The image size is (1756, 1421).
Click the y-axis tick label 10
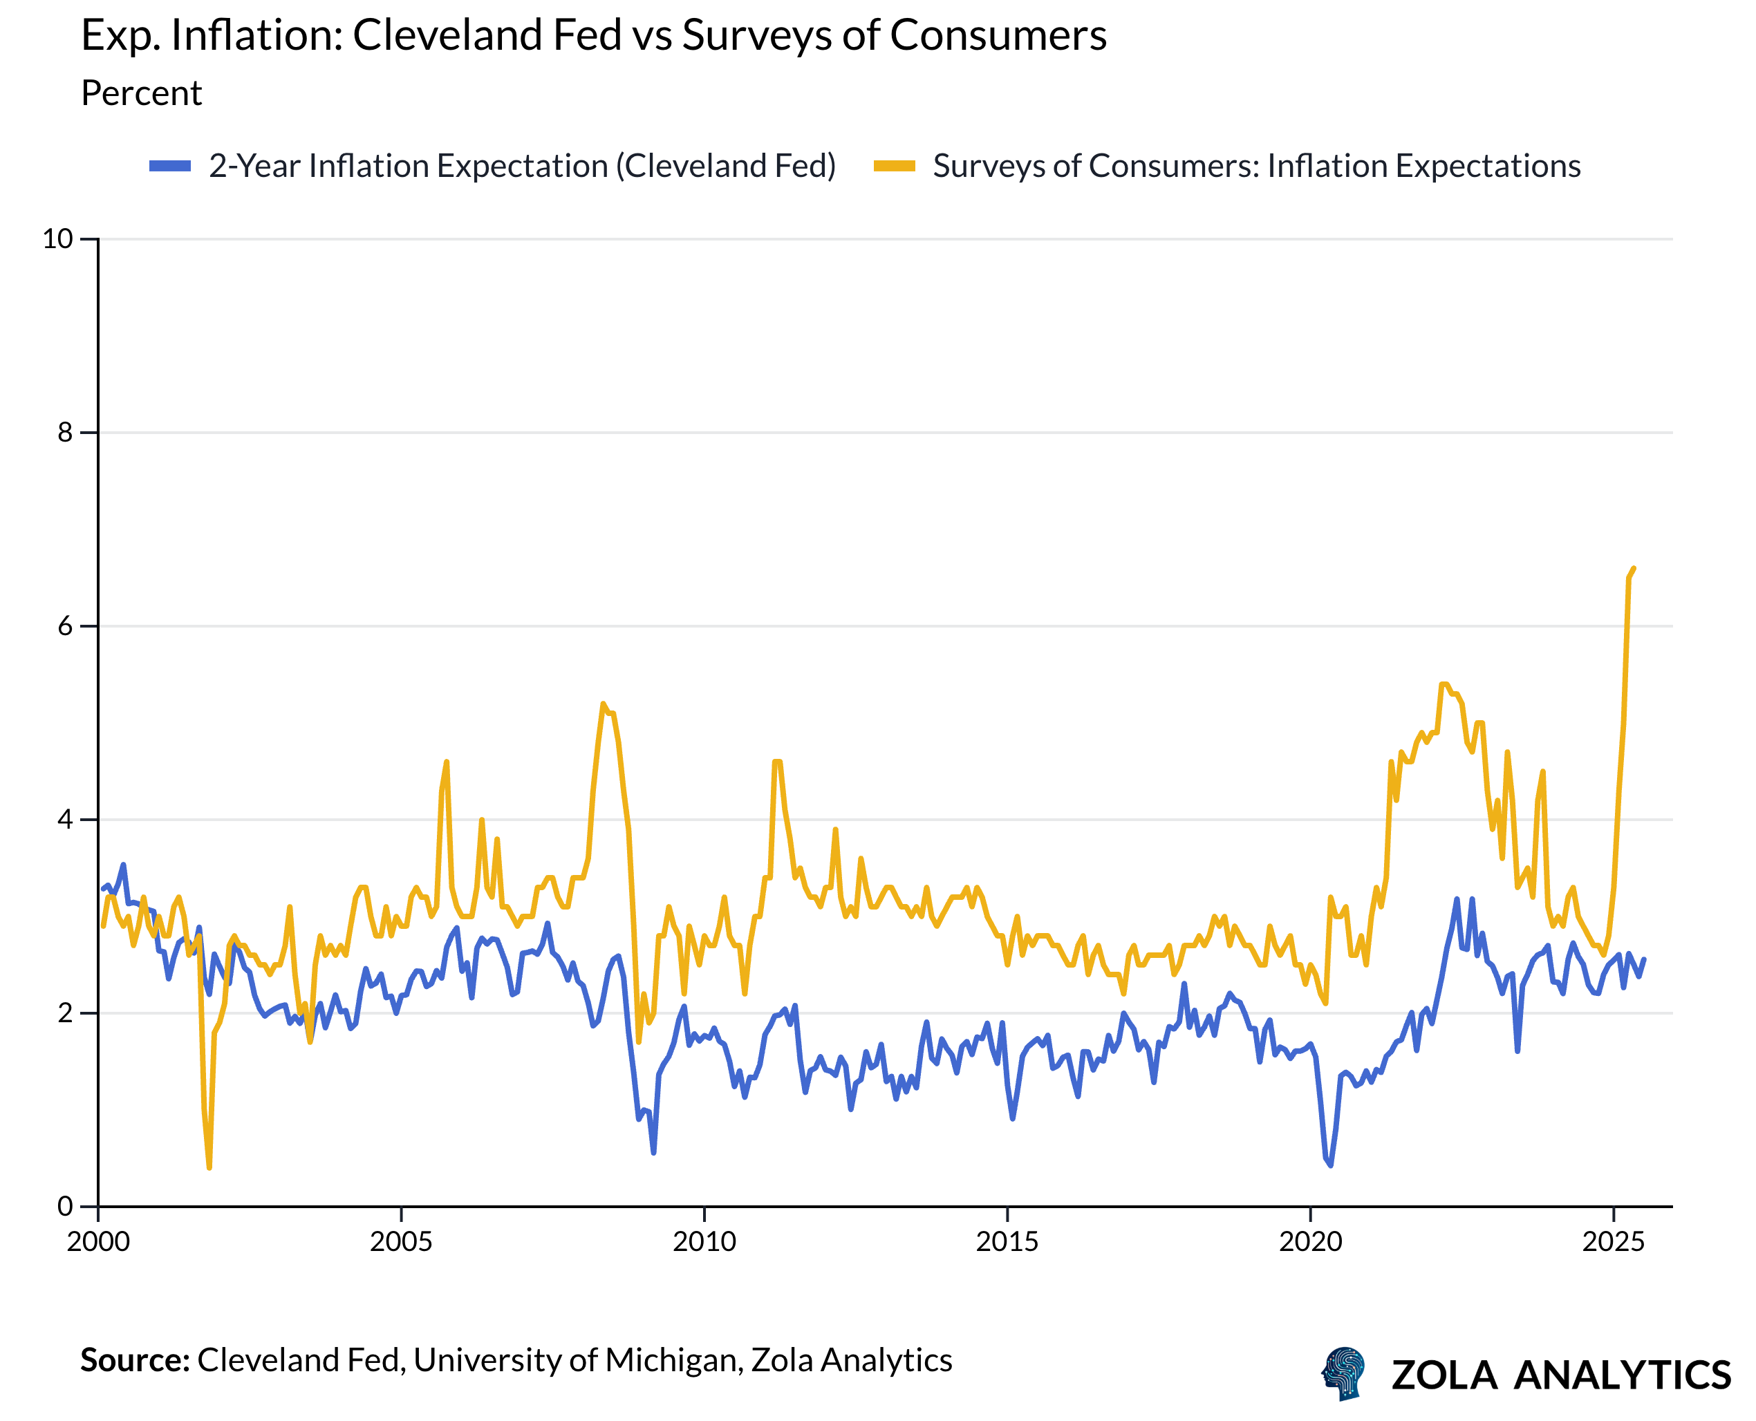coord(57,239)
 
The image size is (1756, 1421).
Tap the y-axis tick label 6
coord(66,626)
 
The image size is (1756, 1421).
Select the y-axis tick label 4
coord(66,820)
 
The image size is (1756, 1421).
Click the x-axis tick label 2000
coord(98,1242)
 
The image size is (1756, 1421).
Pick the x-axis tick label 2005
coord(401,1242)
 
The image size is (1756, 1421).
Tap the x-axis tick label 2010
coord(704,1242)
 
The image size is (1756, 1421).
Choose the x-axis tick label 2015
coord(1007,1242)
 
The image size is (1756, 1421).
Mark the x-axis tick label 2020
coord(1311,1242)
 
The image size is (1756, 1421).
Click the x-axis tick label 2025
coord(1614,1242)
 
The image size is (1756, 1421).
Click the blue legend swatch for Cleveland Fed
coord(169,166)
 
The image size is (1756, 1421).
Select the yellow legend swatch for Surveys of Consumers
coord(894,166)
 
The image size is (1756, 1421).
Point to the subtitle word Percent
coord(141,93)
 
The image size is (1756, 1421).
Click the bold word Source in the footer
coord(133,1359)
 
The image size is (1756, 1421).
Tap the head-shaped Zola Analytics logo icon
coord(1344,1373)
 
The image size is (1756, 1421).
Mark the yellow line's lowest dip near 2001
coord(209,1167)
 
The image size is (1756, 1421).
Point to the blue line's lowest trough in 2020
coord(1330,1165)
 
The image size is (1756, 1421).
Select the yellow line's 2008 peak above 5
coord(603,704)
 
